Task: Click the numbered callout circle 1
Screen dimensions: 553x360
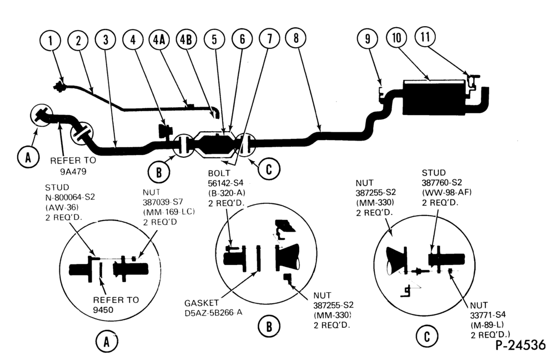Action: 51,40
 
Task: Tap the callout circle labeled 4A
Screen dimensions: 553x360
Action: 159,39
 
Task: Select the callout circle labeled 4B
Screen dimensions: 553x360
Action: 186,39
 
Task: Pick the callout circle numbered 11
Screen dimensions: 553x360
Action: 425,36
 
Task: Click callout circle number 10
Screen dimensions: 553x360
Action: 397,37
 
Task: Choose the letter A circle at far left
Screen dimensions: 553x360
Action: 28,157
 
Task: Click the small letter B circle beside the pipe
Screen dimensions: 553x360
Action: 159,172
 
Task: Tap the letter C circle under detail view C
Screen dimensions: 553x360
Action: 427,336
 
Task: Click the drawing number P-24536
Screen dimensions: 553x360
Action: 521,345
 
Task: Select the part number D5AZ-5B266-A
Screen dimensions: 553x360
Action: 213,313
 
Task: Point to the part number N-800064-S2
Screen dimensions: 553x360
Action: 70,197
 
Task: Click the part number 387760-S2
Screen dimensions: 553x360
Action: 442,182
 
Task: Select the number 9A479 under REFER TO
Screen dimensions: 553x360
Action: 73,172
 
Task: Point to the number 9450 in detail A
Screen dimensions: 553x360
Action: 103,310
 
